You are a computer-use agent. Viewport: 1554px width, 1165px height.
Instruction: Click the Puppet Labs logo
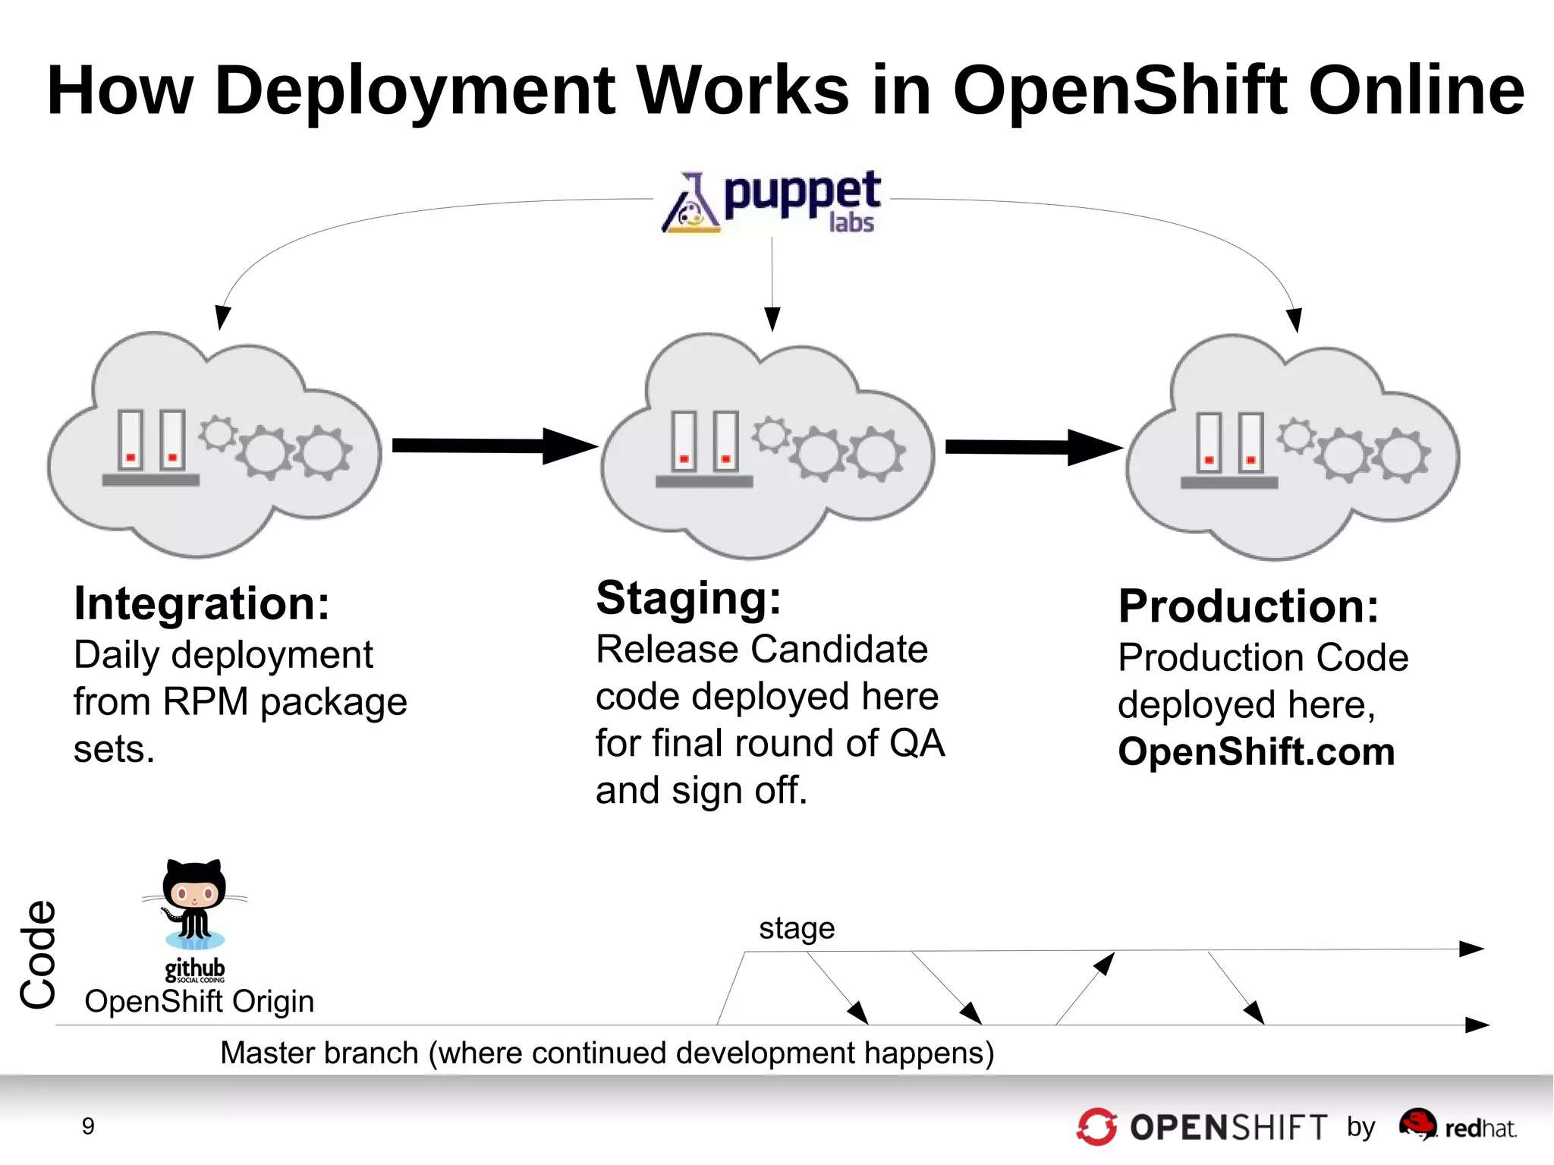point(771,202)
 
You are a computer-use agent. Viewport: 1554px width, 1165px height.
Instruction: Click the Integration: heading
point(202,604)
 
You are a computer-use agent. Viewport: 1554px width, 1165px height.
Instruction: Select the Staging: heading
point(688,598)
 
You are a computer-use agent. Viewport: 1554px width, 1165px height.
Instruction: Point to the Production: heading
point(1248,606)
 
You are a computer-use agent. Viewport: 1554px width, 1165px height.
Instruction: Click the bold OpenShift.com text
point(1256,752)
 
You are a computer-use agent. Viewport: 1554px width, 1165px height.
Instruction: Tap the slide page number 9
point(88,1126)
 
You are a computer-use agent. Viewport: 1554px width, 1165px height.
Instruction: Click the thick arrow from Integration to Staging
point(493,446)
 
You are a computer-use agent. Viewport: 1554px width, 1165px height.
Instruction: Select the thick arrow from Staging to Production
point(1032,447)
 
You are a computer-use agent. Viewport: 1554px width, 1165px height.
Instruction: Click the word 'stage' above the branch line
point(796,928)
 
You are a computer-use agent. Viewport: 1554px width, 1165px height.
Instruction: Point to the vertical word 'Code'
point(38,955)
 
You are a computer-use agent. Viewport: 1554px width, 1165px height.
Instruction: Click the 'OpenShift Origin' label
point(199,1002)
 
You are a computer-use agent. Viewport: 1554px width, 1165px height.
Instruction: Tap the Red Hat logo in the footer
point(1457,1126)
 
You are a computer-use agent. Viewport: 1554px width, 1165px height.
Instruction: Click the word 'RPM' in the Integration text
point(205,702)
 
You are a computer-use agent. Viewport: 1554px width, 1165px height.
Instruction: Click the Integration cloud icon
point(215,446)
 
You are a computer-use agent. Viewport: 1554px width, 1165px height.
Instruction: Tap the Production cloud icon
point(1292,448)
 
